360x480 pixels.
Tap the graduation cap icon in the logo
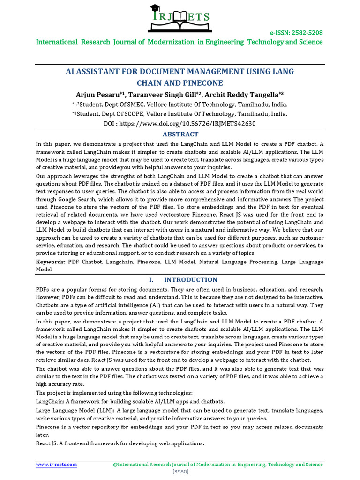point(155,8)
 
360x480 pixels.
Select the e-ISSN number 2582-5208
point(306,33)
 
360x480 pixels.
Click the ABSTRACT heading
point(180,134)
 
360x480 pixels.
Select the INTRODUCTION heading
point(190,280)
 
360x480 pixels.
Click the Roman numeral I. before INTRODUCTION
point(151,280)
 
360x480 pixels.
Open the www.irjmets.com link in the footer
point(57,465)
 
